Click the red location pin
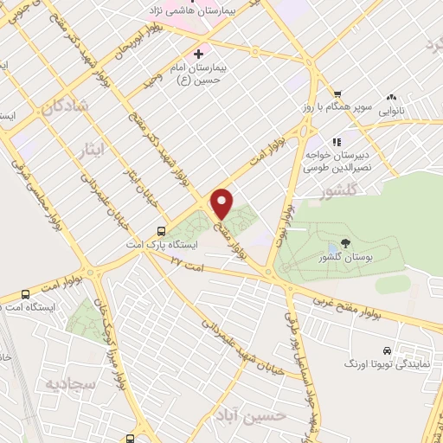(x=222, y=203)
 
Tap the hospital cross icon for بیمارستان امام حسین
(x=201, y=53)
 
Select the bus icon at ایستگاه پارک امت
(x=162, y=231)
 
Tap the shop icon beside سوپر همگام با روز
(x=337, y=96)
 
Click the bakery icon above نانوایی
(x=391, y=97)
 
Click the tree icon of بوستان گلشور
(x=347, y=245)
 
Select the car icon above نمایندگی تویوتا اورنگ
(x=386, y=351)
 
